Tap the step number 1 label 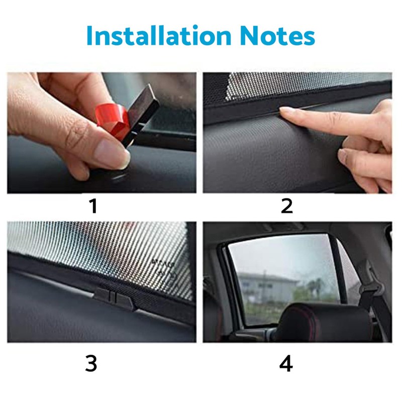tap(93, 206)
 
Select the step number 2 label tap(286, 206)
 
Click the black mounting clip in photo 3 tap(114, 297)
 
